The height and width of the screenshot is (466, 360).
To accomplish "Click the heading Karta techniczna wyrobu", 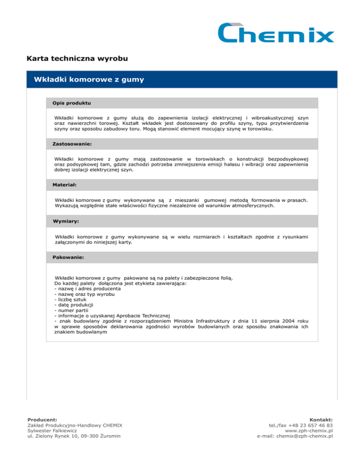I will [78, 60].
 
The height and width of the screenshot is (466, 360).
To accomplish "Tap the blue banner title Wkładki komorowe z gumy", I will [89, 80].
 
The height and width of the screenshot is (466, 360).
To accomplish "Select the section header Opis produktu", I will [72, 102].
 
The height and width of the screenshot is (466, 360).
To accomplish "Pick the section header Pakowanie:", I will [71, 257].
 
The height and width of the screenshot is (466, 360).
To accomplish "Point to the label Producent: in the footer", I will [43, 420].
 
